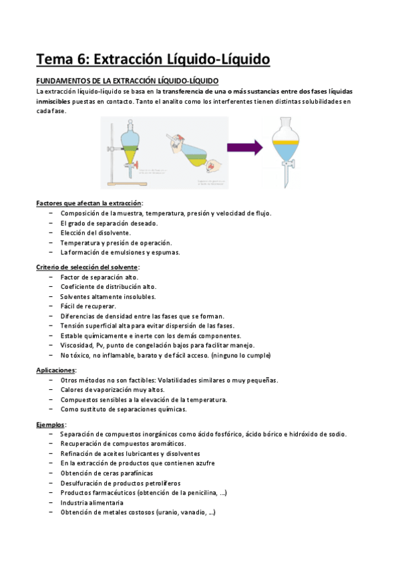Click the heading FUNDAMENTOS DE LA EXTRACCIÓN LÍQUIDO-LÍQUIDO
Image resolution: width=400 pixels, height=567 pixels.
[x=127, y=81]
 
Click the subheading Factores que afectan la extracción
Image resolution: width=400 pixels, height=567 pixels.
[x=89, y=203]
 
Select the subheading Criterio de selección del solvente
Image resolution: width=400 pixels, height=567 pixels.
[x=87, y=267]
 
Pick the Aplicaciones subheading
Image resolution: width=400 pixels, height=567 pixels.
[x=56, y=370]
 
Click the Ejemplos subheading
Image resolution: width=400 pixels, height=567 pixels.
[x=51, y=424]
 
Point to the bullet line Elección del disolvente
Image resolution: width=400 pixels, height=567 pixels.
[x=95, y=233]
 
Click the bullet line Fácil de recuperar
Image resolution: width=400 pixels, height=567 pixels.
[x=87, y=306]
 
